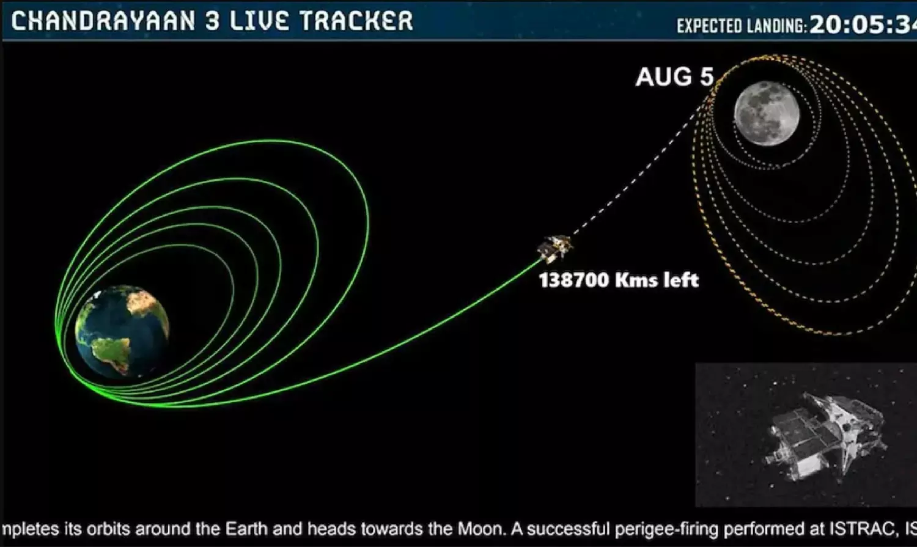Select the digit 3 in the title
coord(213,21)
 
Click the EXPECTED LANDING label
coord(742,26)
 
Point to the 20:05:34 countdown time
coord(863,25)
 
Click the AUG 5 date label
coord(675,77)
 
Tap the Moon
coord(767,113)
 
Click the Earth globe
coord(122,331)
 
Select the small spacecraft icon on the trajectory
coord(556,248)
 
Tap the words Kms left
coord(657,281)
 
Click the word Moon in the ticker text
coord(480,529)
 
